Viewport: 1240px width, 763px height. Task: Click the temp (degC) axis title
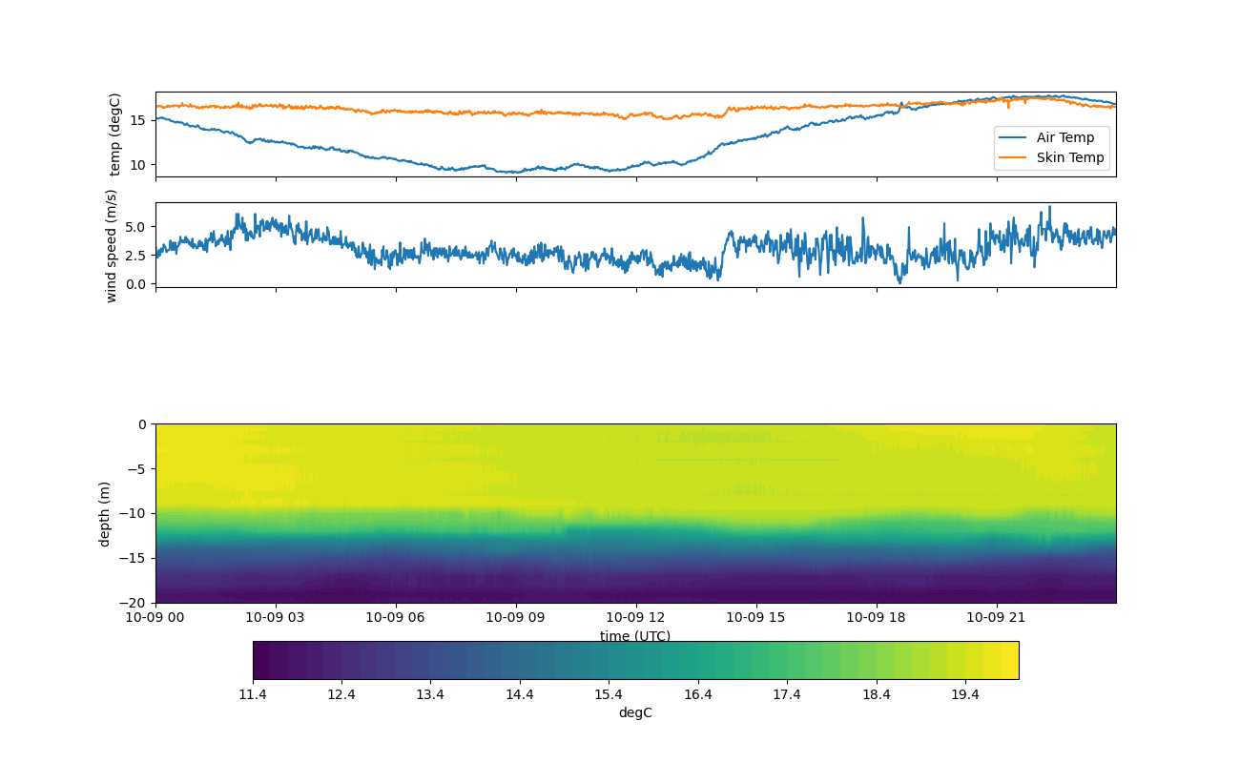(x=115, y=134)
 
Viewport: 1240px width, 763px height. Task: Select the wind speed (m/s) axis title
(x=112, y=245)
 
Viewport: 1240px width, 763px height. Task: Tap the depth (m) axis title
(x=105, y=513)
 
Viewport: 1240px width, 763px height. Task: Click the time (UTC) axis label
(x=635, y=636)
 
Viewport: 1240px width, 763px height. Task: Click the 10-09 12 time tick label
(x=635, y=618)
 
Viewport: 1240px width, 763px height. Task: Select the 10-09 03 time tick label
(x=276, y=618)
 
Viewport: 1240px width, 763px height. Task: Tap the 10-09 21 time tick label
(x=996, y=618)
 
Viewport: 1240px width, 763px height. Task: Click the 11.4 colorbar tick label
(x=253, y=694)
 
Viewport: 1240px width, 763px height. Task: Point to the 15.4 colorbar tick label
(x=609, y=694)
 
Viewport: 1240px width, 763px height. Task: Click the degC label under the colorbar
(x=635, y=712)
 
